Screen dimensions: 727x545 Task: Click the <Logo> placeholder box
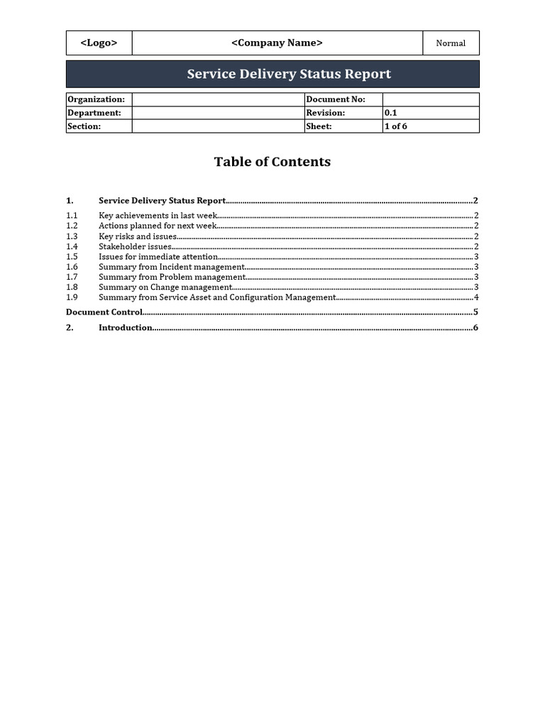pyautogui.click(x=99, y=43)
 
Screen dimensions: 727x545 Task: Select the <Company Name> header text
pyautogui.click(x=277, y=43)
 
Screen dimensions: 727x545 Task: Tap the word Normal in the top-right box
pyautogui.click(x=451, y=43)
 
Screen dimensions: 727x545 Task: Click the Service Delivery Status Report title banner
pyautogui.click(x=289, y=74)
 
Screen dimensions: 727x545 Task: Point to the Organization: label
pyautogui.click(x=96, y=99)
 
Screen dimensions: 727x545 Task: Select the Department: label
pyautogui.click(x=94, y=113)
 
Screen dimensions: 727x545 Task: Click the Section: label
pyautogui.click(x=84, y=126)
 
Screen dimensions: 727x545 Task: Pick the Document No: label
pyautogui.click(x=336, y=99)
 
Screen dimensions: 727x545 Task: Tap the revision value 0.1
pyautogui.click(x=391, y=113)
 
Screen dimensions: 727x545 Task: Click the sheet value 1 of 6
pyautogui.click(x=396, y=126)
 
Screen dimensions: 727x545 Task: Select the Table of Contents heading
pyautogui.click(x=272, y=162)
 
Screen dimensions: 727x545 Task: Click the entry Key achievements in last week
pyautogui.click(x=158, y=215)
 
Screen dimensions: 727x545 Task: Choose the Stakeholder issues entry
pyautogui.click(x=135, y=246)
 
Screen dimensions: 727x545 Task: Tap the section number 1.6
pyautogui.click(x=72, y=267)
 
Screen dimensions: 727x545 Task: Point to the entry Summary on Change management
pyautogui.click(x=165, y=288)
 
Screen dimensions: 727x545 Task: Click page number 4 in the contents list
pyautogui.click(x=476, y=297)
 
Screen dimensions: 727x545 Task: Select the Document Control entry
pyautogui.click(x=104, y=312)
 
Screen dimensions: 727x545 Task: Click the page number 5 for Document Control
pyautogui.click(x=475, y=312)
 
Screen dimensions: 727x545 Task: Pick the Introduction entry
pyautogui.click(x=126, y=327)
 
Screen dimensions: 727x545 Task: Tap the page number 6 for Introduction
pyautogui.click(x=475, y=327)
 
